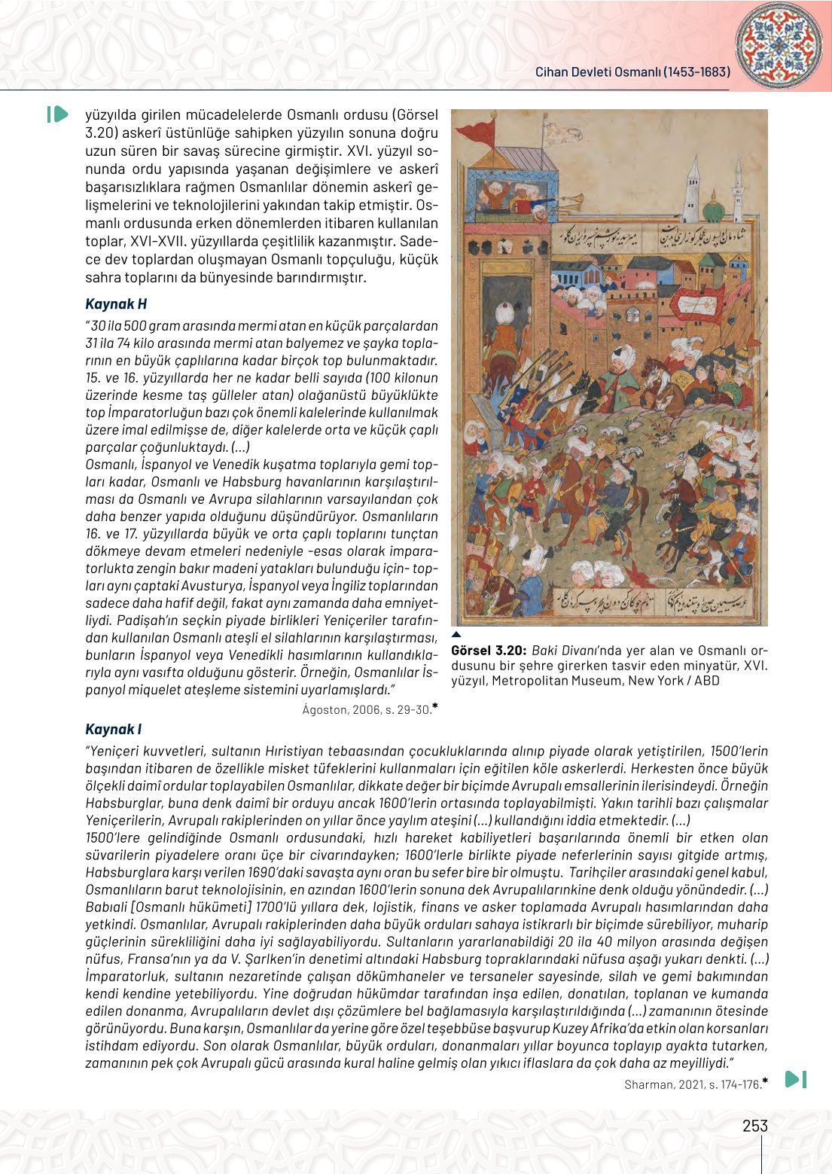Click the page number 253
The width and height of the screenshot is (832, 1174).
point(754,1126)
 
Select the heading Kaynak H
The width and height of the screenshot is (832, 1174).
point(116,304)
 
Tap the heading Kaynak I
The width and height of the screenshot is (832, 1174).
point(113,730)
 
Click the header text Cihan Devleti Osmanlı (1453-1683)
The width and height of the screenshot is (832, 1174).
point(632,72)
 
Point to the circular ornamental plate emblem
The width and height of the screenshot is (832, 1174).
point(779,45)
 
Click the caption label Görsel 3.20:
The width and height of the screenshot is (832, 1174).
point(488,651)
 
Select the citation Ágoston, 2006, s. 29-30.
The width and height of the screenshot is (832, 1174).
point(367,709)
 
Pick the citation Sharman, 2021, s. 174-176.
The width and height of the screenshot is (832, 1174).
point(693,1084)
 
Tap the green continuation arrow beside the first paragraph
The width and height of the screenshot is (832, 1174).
point(58,114)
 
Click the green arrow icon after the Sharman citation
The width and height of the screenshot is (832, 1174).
point(795,1079)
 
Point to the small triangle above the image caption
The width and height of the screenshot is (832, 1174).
point(456,634)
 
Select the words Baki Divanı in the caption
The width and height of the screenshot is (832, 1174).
point(564,651)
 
